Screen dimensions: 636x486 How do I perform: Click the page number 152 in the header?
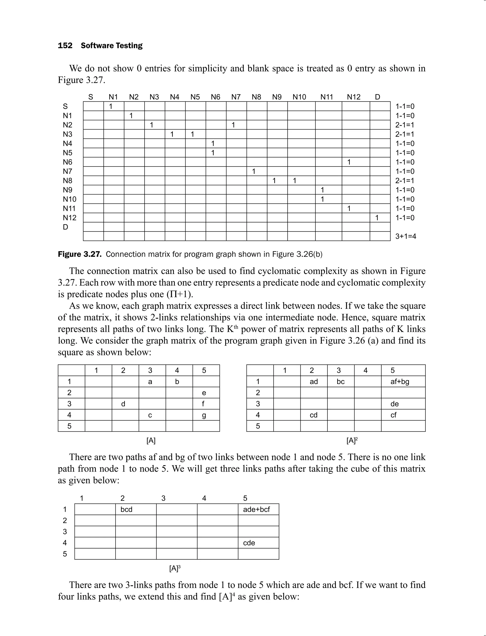65,46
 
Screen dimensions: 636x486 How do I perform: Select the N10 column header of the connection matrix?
299,97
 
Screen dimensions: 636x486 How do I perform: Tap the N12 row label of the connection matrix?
70,218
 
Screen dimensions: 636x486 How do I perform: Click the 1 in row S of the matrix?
111,107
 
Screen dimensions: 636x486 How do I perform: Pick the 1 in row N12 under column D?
377,218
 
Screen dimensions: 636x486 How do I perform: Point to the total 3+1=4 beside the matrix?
406,236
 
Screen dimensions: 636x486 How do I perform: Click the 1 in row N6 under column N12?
349,162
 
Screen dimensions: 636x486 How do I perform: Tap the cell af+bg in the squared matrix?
400,382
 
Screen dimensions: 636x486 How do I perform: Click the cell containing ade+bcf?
256,509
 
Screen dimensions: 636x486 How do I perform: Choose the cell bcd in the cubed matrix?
126,509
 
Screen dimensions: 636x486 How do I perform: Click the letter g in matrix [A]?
204,415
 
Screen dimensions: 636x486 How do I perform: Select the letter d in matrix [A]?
123,404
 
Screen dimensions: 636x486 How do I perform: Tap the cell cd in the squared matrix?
313,415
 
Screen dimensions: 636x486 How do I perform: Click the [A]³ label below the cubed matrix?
175,569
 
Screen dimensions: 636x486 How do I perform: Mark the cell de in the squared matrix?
395,404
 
